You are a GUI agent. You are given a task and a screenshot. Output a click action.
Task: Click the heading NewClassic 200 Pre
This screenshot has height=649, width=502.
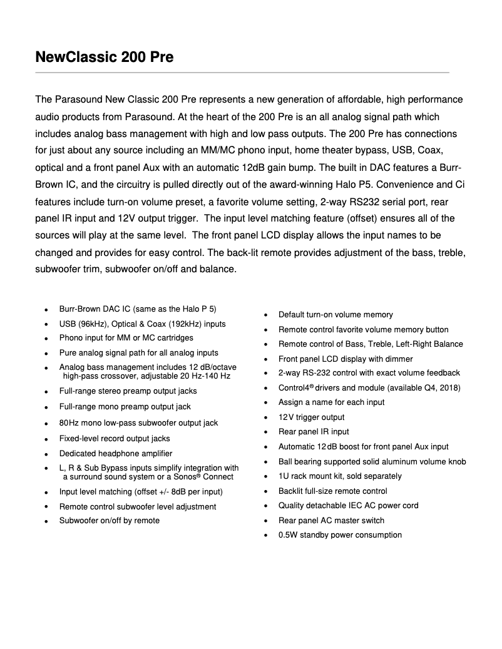pyautogui.click(x=105, y=58)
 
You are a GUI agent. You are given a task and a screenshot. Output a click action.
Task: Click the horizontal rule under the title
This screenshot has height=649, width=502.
pyautogui.click(x=242, y=73)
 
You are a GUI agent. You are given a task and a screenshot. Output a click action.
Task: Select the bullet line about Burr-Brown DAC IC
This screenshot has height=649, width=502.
pyautogui.click(x=137, y=309)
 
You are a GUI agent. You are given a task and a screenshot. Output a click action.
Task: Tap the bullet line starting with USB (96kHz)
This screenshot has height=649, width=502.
pyautogui.click(x=142, y=324)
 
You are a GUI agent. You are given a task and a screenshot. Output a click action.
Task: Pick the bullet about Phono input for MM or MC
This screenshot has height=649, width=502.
pyautogui.click(x=126, y=338)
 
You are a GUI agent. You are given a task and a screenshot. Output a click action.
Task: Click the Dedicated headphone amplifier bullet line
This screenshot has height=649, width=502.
pyautogui.click(x=115, y=453)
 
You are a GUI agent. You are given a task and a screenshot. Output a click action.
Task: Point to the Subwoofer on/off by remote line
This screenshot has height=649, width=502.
pyautogui.click(x=109, y=520)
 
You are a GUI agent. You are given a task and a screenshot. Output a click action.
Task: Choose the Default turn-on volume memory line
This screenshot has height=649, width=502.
pyautogui.click(x=336, y=315)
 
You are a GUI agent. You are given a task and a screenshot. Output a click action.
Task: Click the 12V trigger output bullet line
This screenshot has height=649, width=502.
pyautogui.click(x=311, y=417)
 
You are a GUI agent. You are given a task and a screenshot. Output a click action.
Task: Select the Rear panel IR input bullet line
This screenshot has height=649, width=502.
pyautogui.click(x=314, y=432)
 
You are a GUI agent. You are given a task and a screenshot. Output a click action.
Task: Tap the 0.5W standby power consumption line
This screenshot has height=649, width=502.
pyautogui.click(x=340, y=535)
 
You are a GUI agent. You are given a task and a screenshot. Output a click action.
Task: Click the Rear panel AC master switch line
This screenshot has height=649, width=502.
pyautogui.click(x=331, y=521)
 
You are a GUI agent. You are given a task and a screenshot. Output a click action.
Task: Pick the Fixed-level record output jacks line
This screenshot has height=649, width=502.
pyautogui.click(x=115, y=439)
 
